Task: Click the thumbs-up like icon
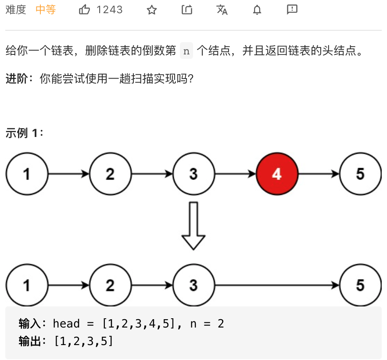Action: pyautogui.click(x=85, y=10)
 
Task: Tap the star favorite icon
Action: pyautogui.click(x=152, y=10)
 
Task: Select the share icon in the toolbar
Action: pyautogui.click(x=187, y=10)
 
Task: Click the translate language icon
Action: pyautogui.click(x=222, y=10)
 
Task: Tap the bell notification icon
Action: pyautogui.click(x=257, y=10)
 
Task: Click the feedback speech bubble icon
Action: pyautogui.click(x=292, y=9)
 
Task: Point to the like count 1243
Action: pyautogui.click(x=110, y=10)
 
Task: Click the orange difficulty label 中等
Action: pyautogui.click(x=46, y=10)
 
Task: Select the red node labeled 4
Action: pyautogui.click(x=277, y=174)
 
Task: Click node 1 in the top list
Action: pyautogui.click(x=27, y=174)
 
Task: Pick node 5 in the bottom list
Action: pyautogui.click(x=360, y=285)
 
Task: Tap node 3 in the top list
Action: pyautogui.click(x=193, y=174)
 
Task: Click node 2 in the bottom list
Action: pyautogui.click(x=110, y=285)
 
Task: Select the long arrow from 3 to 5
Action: pyautogui.click(x=277, y=285)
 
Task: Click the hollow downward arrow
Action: pyautogui.click(x=193, y=226)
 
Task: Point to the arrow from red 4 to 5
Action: pyautogui.click(x=319, y=174)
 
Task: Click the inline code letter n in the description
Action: pyautogui.click(x=186, y=51)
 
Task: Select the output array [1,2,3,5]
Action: pyautogui.click(x=83, y=341)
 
